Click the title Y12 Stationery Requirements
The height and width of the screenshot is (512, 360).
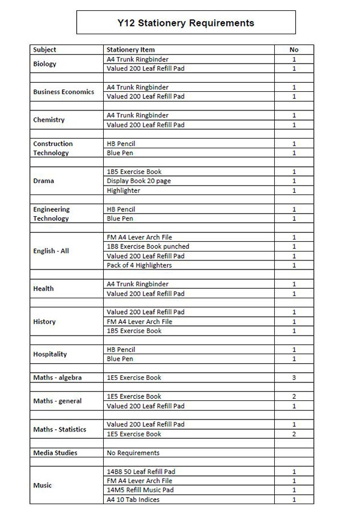click(x=186, y=23)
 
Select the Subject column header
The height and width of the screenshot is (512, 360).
click(x=45, y=50)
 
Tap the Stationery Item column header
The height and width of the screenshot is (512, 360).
click(x=130, y=50)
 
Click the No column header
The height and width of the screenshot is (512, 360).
click(x=294, y=50)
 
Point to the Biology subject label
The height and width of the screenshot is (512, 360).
click(x=44, y=64)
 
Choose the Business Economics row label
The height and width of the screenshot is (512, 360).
click(x=64, y=92)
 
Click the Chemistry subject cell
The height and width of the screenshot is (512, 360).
click(x=49, y=120)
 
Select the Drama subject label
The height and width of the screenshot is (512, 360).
click(x=43, y=181)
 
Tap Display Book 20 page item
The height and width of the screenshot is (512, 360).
click(x=139, y=181)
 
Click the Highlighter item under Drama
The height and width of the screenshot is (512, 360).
click(x=123, y=190)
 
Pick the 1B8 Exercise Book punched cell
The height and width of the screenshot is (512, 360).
click(x=148, y=246)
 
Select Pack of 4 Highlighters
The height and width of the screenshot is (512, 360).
click(x=139, y=265)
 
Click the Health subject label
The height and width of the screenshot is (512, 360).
click(x=43, y=289)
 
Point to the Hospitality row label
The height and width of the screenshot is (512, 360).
click(x=50, y=354)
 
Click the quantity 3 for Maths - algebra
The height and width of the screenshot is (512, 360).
click(x=294, y=378)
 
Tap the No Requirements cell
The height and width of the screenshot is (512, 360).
click(x=133, y=453)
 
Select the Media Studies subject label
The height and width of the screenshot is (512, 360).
click(x=55, y=453)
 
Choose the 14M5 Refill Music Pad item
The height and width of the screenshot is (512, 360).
click(x=140, y=490)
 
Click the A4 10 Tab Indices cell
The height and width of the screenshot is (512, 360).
click(x=133, y=499)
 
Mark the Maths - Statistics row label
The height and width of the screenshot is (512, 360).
click(x=59, y=429)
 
